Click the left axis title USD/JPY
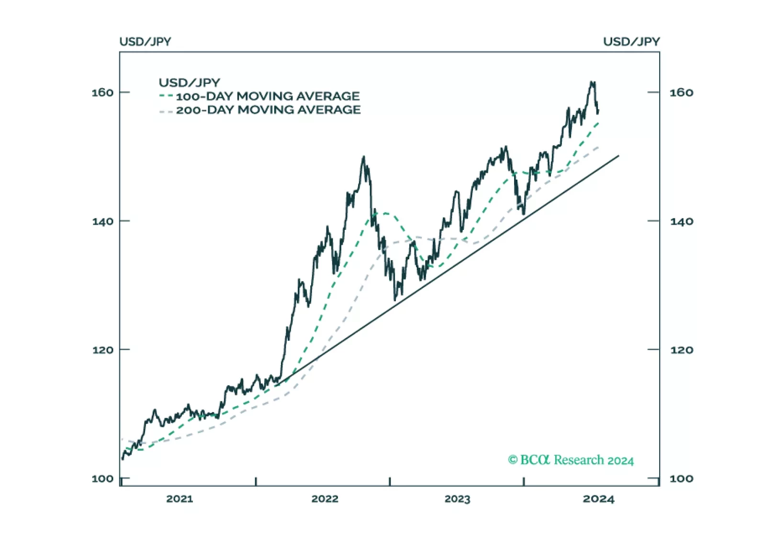[x=145, y=42]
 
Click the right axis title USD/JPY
[x=631, y=42]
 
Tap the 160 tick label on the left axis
[x=102, y=92]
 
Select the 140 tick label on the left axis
[x=102, y=221]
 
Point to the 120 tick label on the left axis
[x=102, y=350]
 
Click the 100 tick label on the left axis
[x=102, y=479]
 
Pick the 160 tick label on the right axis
[x=681, y=92]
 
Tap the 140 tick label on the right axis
[x=681, y=221]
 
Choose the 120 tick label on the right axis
[x=681, y=350]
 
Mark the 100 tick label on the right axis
[x=681, y=479]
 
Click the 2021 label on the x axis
[x=180, y=499]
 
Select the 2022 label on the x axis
[x=325, y=499]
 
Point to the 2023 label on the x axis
[x=457, y=499]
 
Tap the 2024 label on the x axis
[x=598, y=499]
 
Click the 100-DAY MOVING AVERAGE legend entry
[x=268, y=96]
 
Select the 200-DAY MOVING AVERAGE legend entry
[x=268, y=110]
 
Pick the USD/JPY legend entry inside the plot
[x=189, y=82]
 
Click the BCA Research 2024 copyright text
[x=571, y=460]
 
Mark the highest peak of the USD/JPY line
[x=593, y=82]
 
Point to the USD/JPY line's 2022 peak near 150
[x=364, y=157]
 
